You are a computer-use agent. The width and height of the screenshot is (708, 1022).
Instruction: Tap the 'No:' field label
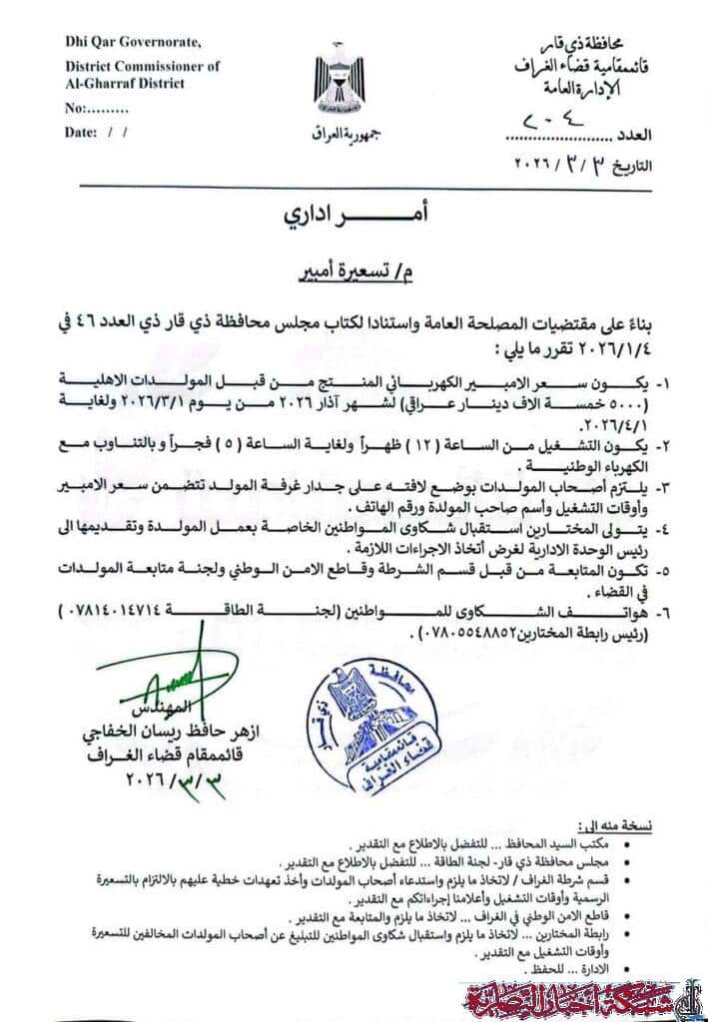[74, 108]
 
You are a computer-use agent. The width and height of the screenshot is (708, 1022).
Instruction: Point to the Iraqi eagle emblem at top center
[339, 84]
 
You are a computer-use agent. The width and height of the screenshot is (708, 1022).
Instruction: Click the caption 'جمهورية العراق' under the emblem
[340, 134]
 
